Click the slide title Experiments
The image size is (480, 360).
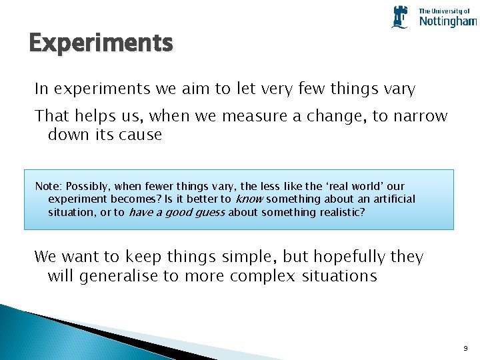tap(101, 43)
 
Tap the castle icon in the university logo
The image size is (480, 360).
tap(400, 17)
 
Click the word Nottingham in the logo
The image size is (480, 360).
tap(447, 22)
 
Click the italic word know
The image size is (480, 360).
tap(249, 199)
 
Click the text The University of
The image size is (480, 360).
tap(444, 11)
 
